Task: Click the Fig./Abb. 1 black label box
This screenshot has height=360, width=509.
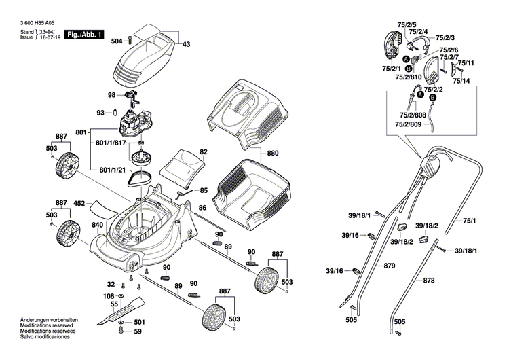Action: point(85,35)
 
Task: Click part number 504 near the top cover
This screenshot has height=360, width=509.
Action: point(117,41)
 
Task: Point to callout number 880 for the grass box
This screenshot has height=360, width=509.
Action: point(273,153)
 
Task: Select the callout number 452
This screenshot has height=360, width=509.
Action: point(79,203)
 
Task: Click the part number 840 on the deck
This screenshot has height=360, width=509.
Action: point(98,224)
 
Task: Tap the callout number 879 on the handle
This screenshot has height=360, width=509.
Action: point(389,266)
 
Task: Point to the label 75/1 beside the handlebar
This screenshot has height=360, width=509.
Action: point(470,221)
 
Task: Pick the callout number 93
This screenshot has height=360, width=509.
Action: point(100,113)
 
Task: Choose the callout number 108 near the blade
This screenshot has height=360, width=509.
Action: point(109,297)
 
